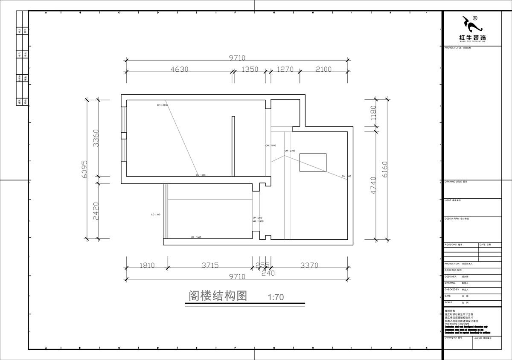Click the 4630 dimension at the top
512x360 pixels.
[173, 69]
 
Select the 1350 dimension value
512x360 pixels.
[250, 69]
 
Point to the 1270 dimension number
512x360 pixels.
[285, 69]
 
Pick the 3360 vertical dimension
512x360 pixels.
[96, 138]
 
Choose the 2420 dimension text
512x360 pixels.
[96, 211]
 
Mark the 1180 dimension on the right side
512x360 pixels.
[373, 113]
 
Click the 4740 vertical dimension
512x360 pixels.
[373, 186]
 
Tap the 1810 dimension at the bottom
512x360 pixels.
[147, 265]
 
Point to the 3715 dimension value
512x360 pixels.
[209, 265]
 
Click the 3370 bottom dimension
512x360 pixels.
[309, 265]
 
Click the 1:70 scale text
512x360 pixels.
[275, 297]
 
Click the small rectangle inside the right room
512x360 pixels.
[313, 162]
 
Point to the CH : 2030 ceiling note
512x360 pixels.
[163, 105]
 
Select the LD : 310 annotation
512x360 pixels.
[155, 215]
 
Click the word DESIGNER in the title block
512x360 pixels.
[451, 276]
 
